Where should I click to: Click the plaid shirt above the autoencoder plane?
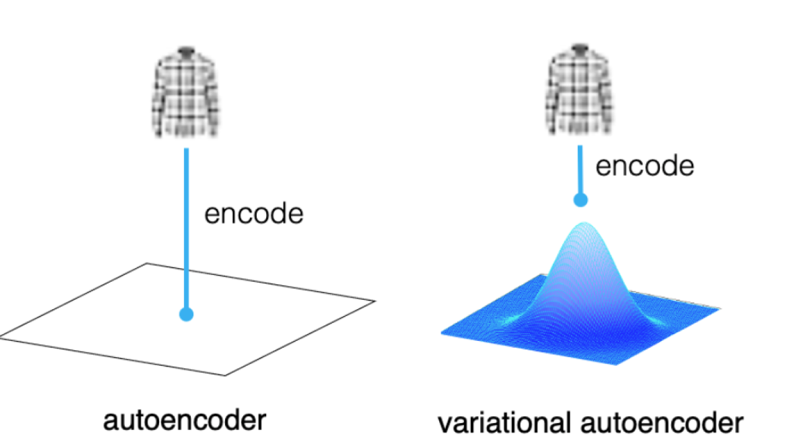click(x=185, y=91)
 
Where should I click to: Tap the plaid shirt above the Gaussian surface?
click(x=579, y=90)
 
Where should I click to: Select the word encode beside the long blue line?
click(x=254, y=213)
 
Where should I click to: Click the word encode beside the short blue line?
click(x=645, y=166)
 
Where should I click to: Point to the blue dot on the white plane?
click(x=186, y=314)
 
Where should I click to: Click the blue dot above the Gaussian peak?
click(x=581, y=200)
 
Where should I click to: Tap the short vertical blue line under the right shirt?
click(x=580, y=170)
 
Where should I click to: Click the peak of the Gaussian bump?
click(x=584, y=223)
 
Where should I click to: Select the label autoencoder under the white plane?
click(x=185, y=421)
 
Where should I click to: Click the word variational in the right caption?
click(x=504, y=422)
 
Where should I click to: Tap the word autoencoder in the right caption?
click(x=662, y=422)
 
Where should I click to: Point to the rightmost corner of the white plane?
click(x=375, y=301)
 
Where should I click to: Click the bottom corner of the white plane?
click(x=225, y=375)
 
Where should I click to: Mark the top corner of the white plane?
click(x=147, y=263)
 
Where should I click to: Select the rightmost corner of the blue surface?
click(x=720, y=309)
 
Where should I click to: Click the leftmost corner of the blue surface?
click(x=441, y=333)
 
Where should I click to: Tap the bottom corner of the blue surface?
click(x=616, y=365)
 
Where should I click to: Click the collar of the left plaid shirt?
click(x=186, y=51)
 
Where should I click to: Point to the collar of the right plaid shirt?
click(x=580, y=49)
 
